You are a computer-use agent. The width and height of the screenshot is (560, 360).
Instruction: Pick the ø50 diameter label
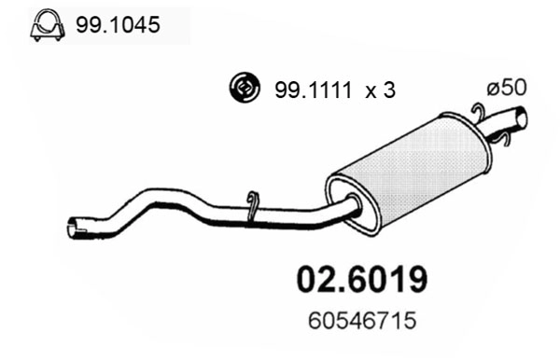click(x=508, y=87)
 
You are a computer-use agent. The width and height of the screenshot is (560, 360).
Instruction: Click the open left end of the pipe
click(x=74, y=226)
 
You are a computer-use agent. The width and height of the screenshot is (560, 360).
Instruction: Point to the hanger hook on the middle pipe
click(x=252, y=206)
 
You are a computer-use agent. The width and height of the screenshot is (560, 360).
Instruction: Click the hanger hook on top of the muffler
click(x=477, y=113)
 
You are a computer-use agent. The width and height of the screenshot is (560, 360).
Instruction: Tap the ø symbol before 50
click(x=493, y=87)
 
